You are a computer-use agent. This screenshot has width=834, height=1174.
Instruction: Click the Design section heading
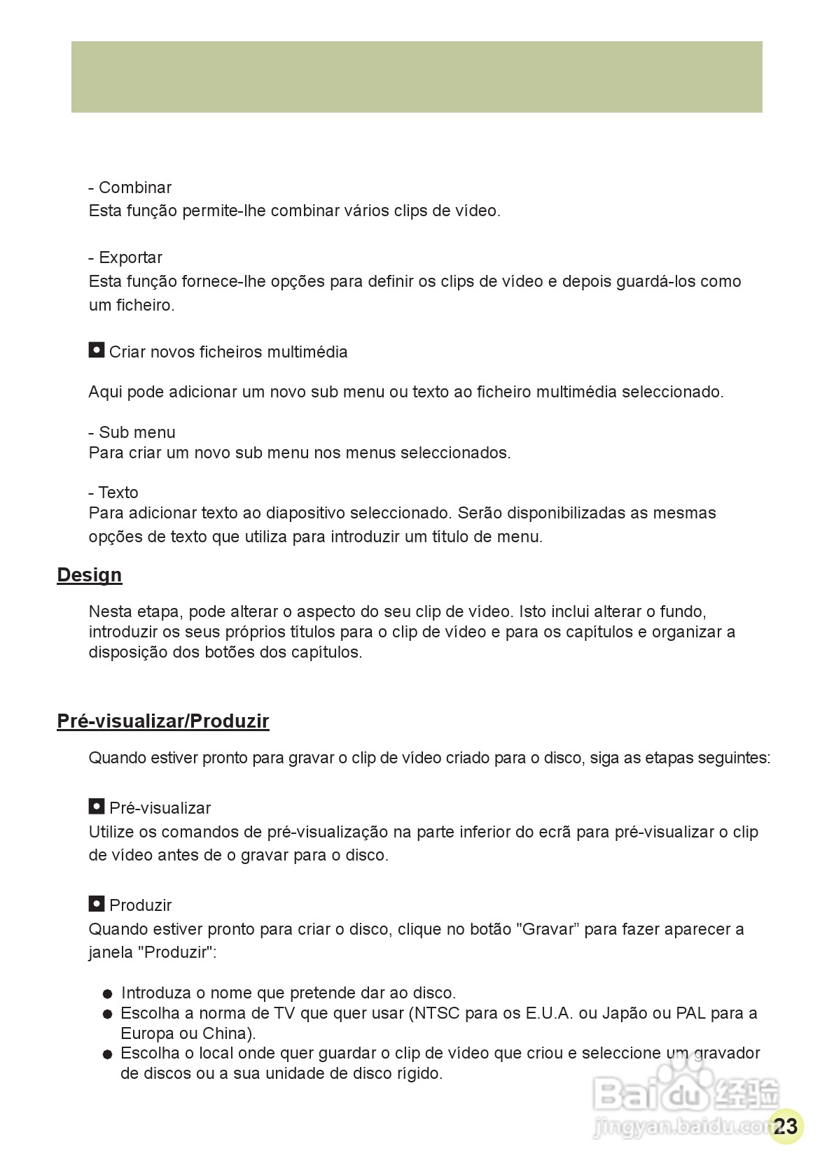pyautogui.click(x=90, y=575)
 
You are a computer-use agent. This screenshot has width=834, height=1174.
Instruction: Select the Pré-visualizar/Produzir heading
pyautogui.click(x=162, y=721)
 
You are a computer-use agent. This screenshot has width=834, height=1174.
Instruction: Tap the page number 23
pyautogui.click(x=786, y=1126)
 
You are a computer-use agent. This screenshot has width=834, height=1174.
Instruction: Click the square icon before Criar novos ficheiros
pyautogui.click(x=97, y=350)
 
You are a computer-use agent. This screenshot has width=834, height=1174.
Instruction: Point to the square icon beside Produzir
pyautogui.click(x=97, y=904)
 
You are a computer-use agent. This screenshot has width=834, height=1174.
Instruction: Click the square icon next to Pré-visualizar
pyautogui.click(x=97, y=807)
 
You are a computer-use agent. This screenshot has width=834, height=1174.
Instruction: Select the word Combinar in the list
pyautogui.click(x=135, y=188)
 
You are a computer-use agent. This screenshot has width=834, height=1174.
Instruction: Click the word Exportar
pyautogui.click(x=130, y=257)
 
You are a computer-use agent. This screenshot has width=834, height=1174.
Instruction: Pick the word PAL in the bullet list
pyautogui.click(x=690, y=1013)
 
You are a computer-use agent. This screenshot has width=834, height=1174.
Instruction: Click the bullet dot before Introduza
pyautogui.click(x=107, y=993)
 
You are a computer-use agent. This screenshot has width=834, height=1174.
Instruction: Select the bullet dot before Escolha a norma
pyautogui.click(x=107, y=1014)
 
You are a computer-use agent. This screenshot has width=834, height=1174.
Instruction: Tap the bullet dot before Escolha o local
pyautogui.click(x=107, y=1054)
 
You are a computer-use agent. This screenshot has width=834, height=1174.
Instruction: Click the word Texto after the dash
pyautogui.click(x=118, y=493)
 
